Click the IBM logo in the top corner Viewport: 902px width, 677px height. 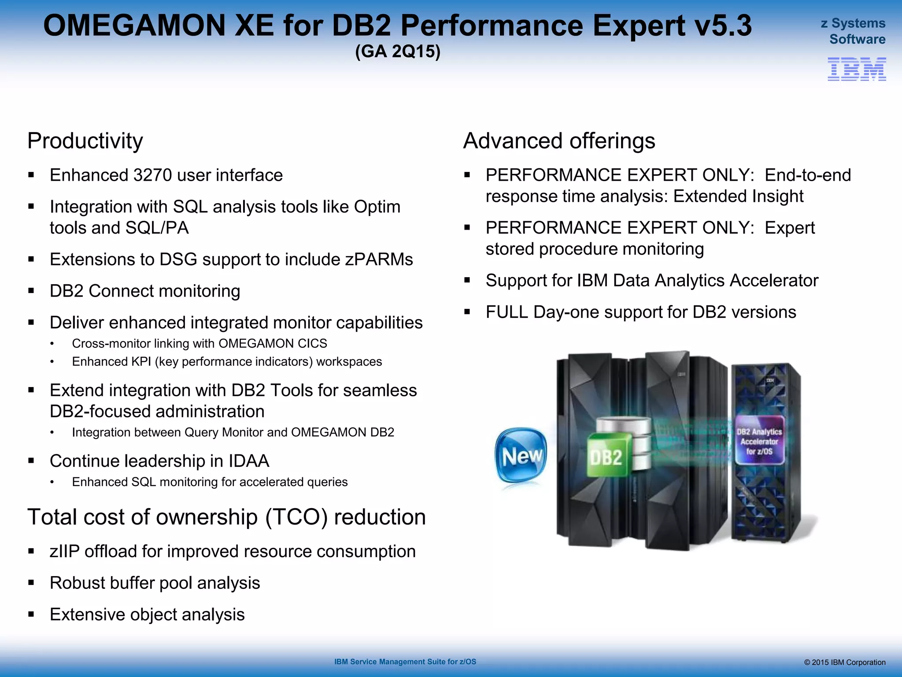(x=857, y=69)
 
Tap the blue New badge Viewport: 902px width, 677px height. (x=521, y=455)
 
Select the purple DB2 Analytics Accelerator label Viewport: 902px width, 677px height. (x=759, y=441)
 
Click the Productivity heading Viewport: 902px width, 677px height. (x=85, y=141)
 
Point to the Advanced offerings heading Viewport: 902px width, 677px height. (x=559, y=141)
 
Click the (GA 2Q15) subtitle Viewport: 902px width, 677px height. (x=398, y=52)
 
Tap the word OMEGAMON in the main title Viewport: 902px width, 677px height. (x=134, y=26)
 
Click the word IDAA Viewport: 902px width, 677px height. (x=248, y=461)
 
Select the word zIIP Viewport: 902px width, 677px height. (x=64, y=551)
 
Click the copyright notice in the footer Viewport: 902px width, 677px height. (x=844, y=662)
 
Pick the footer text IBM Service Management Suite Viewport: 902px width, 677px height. (x=405, y=662)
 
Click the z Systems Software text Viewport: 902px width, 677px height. (x=853, y=31)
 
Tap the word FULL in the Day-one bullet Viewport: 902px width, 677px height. (x=506, y=312)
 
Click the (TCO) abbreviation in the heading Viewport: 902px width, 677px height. (x=296, y=517)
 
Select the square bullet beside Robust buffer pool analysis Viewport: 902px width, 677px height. (x=31, y=583)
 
